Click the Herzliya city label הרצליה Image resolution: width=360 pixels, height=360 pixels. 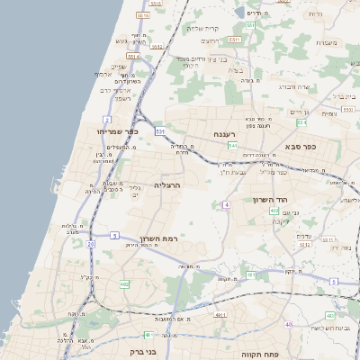[168, 184]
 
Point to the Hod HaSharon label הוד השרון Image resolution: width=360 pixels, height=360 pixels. [296, 197]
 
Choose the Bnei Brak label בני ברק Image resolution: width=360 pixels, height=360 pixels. [144, 352]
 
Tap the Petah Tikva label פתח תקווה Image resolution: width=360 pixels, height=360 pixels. [257, 355]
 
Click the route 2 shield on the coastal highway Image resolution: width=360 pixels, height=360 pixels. [106, 118]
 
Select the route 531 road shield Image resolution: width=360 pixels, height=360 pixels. [159, 131]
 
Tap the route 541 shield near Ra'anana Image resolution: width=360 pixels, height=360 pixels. [232, 145]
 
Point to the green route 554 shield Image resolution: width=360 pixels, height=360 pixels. [301, 121]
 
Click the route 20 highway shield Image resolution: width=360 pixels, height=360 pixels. [90, 244]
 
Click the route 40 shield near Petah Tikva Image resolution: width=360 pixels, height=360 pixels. [289, 324]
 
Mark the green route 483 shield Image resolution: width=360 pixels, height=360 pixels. [330, 315]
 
